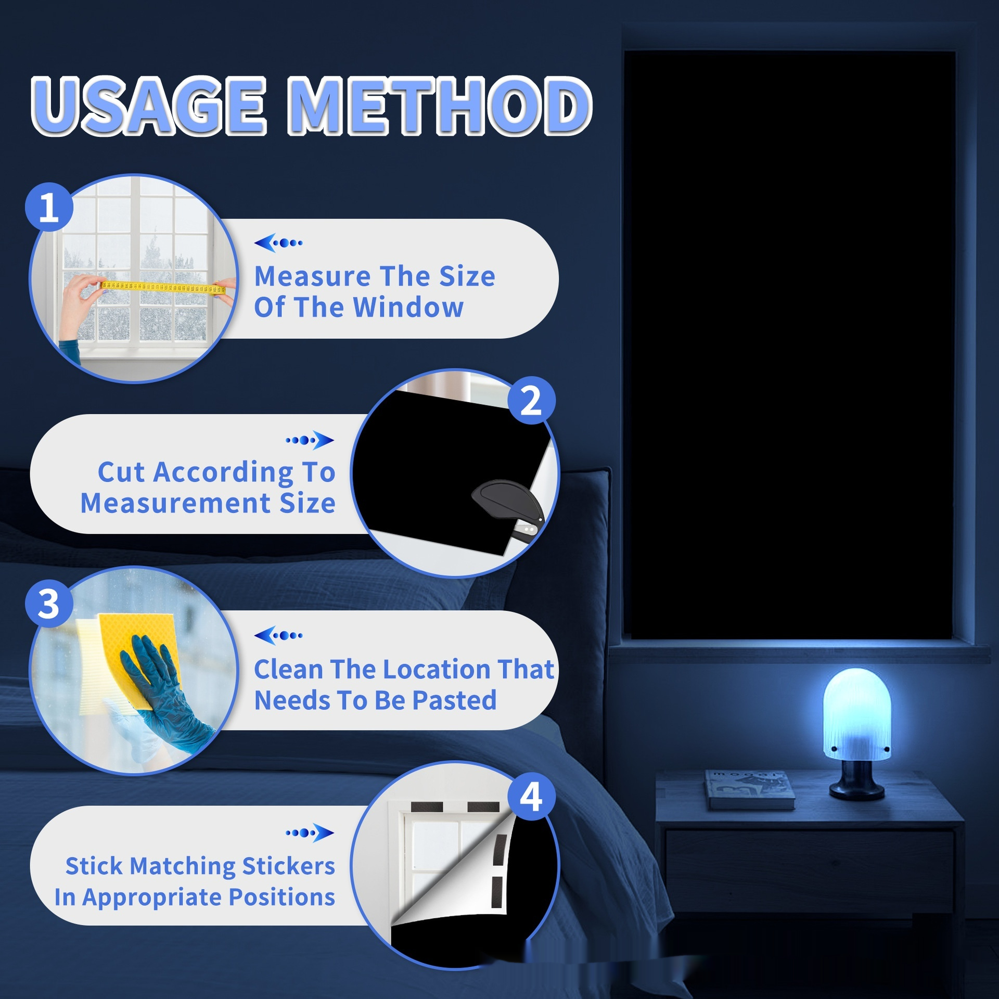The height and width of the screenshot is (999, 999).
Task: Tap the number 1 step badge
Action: pyautogui.click(x=49, y=207)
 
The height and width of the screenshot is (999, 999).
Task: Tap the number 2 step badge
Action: pyautogui.click(x=531, y=401)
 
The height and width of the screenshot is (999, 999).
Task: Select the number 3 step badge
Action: pyautogui.click(x=49, y=604)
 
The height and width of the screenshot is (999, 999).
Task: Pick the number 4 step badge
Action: pyautogui.click(x=531, y=797)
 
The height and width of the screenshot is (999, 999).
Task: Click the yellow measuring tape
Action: pyautogui.click(x=163, y=287)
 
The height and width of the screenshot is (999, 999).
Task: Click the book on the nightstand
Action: pyautogui.click(x=750, y=789)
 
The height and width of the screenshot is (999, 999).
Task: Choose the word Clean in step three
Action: pyautogui.click(x=288, y=669)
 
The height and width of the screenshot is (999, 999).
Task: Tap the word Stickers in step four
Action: pyautogui.click(x=288, y=866)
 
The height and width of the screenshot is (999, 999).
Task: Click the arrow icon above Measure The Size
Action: pyautogui.click(x=278, y=242)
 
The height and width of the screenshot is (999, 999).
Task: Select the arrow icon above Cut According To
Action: pyautogui.click(x=310, y=440)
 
